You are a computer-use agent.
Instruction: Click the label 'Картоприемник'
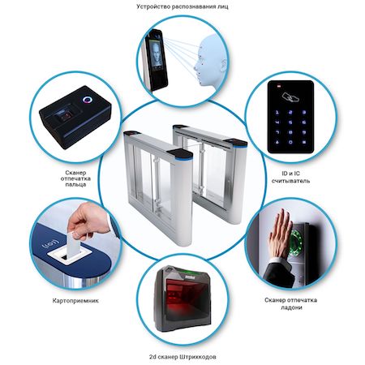pyautogui.click(x=75, y=301)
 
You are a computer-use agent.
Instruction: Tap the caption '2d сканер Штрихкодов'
pyautogui.click(x=182, y=357)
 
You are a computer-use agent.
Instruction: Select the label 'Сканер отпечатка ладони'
pyautogui.click(x=290, y=303)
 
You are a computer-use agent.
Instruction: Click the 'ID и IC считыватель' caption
pyautogui.click(x=290, y=177)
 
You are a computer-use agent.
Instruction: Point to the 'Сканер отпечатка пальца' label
pyautogui.click(x=75, y=178)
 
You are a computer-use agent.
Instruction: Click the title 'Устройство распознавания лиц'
pyautogui.click(x=182, y=6)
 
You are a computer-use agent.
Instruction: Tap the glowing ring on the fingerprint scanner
pyautogui.click(x=88, y=100)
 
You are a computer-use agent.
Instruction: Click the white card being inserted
pyautogui.click(x=73, y=245)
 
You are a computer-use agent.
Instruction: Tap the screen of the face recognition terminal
pyautogui.click(x=157, y=55)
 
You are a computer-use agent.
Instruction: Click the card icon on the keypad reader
pyautogui.click(x=290, y=97)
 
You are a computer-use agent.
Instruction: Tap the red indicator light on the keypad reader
pyautogui.click(x=278, y=87)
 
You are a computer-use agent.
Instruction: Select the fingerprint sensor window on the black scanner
pyautogui.click(x=65, y=117)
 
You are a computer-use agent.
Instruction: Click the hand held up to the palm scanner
pyautogui.click(x=281, y=234)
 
